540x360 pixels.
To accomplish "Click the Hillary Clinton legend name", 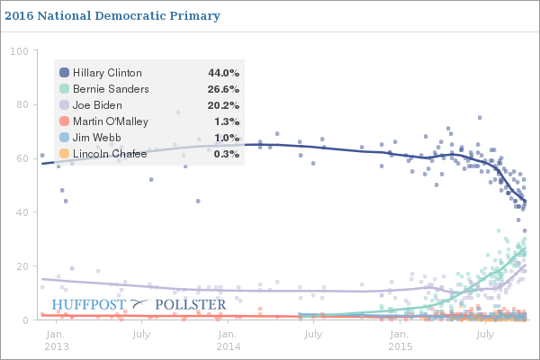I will [107, 73].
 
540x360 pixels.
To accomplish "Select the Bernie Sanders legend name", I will [111, 89].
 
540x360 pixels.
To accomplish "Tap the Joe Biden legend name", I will [99, 105].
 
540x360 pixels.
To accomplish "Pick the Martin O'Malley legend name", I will [111, 121].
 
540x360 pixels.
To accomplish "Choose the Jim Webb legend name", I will [97, 138].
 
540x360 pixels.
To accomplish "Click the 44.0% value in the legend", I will [223, 73].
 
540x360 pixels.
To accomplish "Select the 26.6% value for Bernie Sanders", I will [223, 89].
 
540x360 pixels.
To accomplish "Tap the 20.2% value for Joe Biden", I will [223, 105].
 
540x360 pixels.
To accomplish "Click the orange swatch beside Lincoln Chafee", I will [64, 154].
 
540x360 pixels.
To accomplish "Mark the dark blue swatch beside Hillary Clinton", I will [64, 73].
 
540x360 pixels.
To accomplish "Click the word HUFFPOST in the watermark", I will [89, 304].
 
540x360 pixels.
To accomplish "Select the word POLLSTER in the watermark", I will [191, 304].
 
